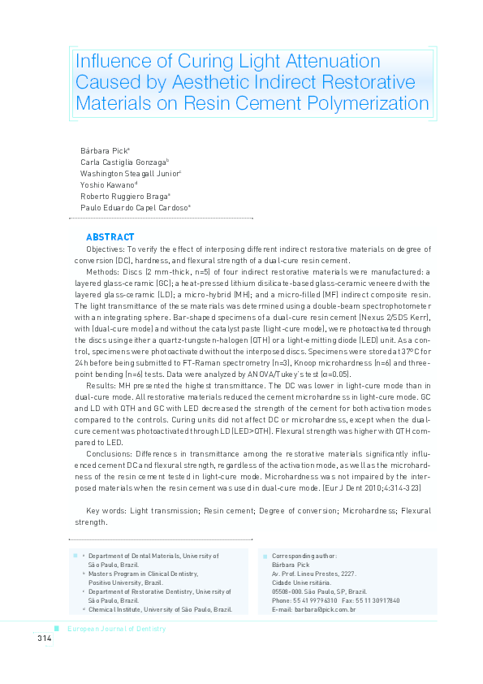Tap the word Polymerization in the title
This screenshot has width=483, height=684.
tap(362, 103)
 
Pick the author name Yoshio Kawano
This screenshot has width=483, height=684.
tap(106, 185)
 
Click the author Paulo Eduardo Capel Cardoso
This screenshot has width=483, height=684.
tap(133, 208)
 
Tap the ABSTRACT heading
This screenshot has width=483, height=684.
tap(105, 237)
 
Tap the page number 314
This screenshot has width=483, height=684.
tap(44, 639)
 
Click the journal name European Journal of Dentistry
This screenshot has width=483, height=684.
tap(116, 629)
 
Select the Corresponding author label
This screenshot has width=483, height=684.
tap(304, 556)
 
